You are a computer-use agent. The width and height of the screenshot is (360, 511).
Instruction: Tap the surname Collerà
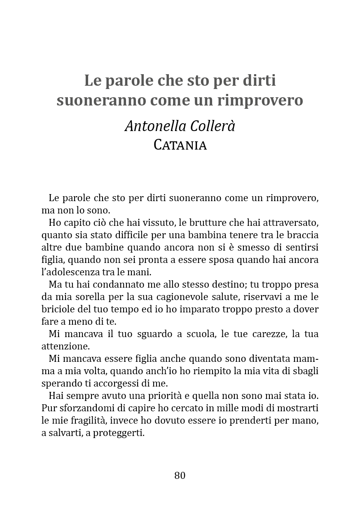(x=213, y=126)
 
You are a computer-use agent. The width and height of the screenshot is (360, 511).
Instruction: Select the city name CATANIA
(x=180, y=145)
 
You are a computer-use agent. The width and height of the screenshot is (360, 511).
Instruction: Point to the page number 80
(x=180, y=475)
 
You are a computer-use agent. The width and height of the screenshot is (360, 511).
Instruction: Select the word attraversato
(x=292, y=223)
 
